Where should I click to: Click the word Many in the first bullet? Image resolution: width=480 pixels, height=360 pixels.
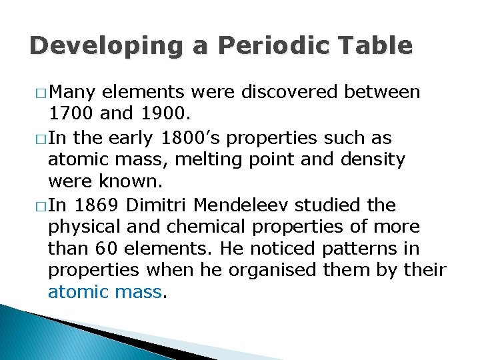pos(73,91)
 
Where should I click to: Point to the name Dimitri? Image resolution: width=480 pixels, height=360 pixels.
pos(164,205)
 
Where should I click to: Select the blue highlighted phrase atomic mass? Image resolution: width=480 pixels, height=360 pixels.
pos(105,292)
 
